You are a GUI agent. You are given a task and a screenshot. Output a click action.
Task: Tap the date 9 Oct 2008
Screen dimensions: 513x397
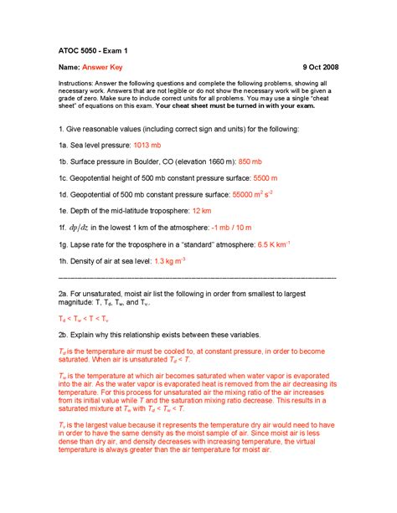(x=315, y=68)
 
